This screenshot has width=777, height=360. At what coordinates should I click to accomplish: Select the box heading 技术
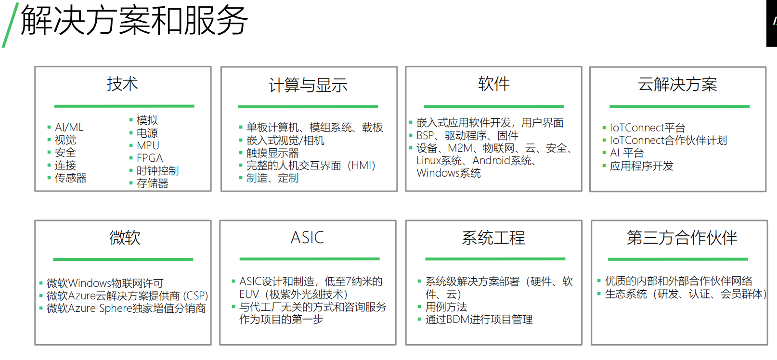pos(122,84)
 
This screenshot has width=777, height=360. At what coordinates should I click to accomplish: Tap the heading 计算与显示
pos(308,85)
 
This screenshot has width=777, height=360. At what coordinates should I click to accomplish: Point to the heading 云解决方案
pos(677,84)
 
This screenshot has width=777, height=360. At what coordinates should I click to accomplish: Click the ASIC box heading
pos(307,238)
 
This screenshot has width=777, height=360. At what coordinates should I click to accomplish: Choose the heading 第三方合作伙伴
pos(682,238)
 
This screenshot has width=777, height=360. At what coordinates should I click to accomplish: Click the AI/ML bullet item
pos(69,127)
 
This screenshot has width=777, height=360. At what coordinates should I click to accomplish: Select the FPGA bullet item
pos(150,158)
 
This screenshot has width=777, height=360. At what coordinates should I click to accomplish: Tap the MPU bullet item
pos(148,146)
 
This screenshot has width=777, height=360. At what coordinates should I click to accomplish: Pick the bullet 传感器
pos(71,178)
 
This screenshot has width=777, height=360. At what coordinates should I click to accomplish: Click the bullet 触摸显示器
pos(272,153)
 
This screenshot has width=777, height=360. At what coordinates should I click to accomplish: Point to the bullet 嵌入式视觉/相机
pos(285,141)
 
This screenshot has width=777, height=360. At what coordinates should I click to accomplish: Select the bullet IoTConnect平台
pos(647,128)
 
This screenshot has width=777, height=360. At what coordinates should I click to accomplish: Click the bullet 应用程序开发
pos(641,166)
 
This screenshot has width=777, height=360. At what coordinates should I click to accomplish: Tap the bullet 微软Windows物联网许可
pos(105,283)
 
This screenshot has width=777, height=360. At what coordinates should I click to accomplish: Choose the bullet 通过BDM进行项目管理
pos(479,320)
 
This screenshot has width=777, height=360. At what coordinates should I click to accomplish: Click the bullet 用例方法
pos(446,307)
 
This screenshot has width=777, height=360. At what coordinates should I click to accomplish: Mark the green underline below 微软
pos(123,259)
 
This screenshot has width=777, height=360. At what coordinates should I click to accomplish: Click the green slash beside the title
pos(11,25)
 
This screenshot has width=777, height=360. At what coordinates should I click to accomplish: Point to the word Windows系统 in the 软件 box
pos(449,173)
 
